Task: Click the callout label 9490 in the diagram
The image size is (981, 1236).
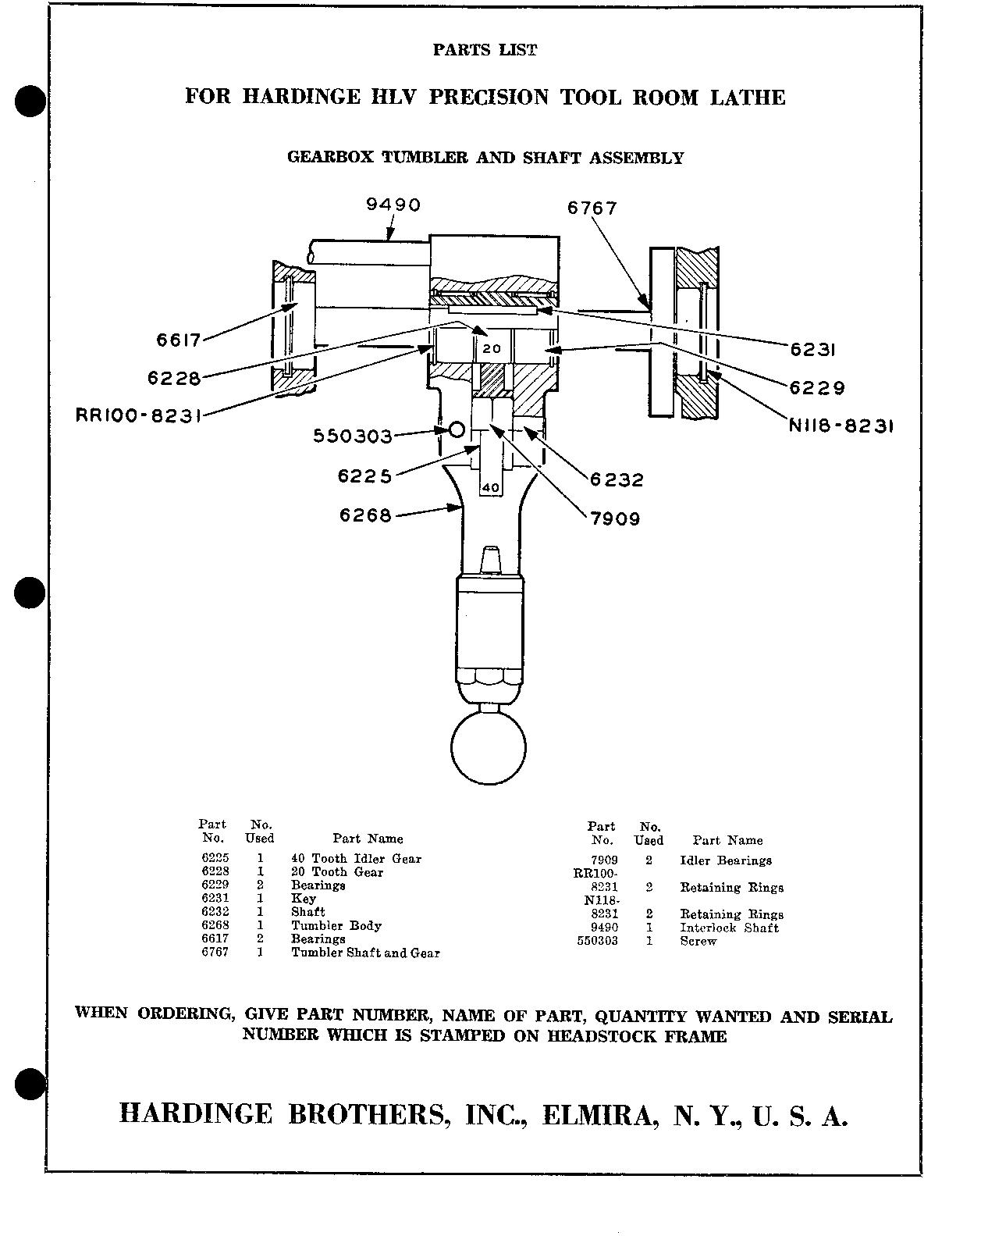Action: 393,205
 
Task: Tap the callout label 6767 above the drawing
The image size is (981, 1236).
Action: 592,208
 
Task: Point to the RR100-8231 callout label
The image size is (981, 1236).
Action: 138,415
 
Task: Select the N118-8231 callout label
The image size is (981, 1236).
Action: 841,426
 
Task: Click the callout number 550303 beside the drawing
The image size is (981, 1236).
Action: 352,436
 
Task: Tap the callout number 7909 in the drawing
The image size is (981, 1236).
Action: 615,518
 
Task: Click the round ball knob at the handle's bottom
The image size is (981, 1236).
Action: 489,747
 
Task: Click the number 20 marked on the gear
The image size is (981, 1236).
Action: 492,348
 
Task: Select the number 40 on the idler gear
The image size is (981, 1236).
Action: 490,487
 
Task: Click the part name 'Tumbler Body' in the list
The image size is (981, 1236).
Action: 336,926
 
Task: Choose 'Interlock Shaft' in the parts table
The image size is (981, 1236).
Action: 729,928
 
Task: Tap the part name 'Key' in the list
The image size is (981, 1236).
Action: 304,899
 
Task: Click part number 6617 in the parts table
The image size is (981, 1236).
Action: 215,939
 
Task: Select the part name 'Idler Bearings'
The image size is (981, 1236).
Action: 726,860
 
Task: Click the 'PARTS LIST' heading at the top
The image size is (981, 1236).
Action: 485,50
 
